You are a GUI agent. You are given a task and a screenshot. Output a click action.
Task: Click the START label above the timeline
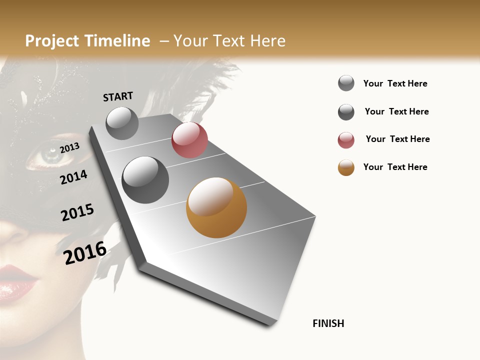click(118, 96)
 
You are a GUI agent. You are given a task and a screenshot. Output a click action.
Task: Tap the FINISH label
click(328, 323)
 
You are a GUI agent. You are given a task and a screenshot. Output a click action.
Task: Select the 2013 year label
click(70, 147)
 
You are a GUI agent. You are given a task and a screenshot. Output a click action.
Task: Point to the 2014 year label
click(73, 177)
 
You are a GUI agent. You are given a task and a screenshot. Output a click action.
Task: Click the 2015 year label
click(77, 212)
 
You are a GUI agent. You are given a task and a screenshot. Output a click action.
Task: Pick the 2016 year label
click(85, 252)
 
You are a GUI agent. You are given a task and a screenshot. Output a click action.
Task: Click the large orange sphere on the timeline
click(216, 207)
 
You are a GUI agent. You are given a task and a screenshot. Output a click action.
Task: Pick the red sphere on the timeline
click(189, 140)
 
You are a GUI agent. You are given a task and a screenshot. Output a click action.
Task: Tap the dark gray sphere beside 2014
click(145, 180)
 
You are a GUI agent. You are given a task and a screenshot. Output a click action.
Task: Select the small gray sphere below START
click(122, 123)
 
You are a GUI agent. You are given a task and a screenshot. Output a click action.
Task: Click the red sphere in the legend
click(346, 140)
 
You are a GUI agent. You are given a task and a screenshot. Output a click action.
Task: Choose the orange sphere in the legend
click(346, 167)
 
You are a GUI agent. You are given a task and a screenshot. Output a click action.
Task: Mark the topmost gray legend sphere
click(346, 83)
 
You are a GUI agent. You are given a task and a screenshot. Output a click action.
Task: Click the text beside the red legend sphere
click(397, 139)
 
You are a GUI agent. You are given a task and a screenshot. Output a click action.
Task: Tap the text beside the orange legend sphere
click(395, 167)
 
